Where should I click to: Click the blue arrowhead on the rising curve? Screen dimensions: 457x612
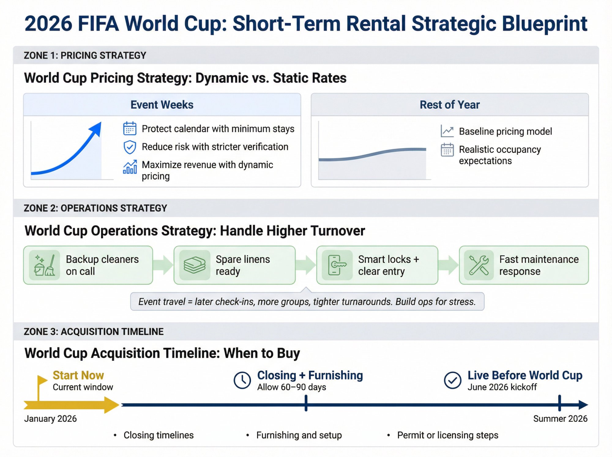96,129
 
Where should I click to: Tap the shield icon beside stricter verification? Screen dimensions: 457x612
129,147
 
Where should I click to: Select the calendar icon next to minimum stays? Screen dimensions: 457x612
129,129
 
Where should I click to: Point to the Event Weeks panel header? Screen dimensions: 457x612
162,105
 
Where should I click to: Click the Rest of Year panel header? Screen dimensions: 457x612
449,105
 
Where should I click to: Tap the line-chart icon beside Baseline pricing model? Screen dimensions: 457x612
447,131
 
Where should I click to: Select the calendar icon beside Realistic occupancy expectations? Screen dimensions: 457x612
447,150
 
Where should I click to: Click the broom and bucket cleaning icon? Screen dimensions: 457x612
44,265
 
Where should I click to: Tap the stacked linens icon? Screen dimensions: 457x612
195,265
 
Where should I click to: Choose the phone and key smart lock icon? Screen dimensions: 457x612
337,265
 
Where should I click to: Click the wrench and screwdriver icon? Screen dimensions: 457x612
479,265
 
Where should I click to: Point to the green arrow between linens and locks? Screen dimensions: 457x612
306,265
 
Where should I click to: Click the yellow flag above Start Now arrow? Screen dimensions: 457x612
42,381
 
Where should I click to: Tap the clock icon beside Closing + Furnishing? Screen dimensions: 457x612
242,380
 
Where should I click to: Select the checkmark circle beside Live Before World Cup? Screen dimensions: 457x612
452,380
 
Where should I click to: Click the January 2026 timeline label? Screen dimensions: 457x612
50,418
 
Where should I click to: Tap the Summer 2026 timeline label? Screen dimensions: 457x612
560,418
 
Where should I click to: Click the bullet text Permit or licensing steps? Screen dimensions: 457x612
447,435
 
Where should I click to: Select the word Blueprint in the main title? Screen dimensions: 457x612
544,24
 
